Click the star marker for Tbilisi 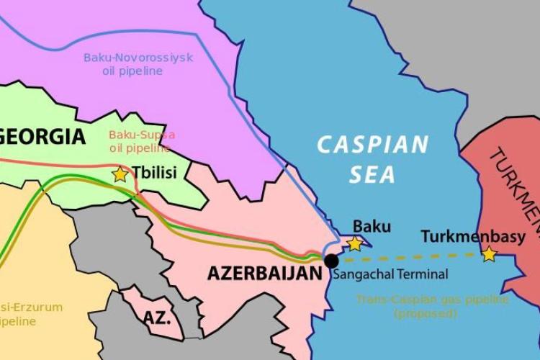tap(120, 174)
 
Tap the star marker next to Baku tap(355, 243)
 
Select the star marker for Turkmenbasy tap(489, 253)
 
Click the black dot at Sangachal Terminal tap(331, 261)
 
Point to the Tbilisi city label tap(153, 173)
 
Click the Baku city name tap(371, 226)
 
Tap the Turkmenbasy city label tap(473, 235)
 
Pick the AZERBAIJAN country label tap(264, 274)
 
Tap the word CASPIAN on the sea tap(373, 145)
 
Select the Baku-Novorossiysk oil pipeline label tap(138, 64)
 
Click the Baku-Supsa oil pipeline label tap(141, 141)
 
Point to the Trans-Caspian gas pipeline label tap(432, 299)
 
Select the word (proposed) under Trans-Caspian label tap(425, 313)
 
